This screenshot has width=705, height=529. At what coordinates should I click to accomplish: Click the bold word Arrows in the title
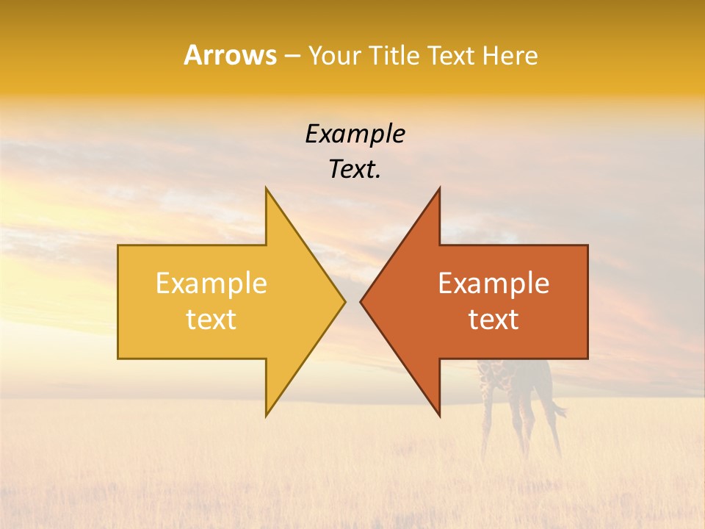[230, 55]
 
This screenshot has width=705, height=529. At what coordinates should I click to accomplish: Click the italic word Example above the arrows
[355, 134]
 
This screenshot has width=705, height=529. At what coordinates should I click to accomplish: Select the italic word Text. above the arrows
[355, 170]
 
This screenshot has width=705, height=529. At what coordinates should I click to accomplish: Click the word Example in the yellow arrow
[211, 283]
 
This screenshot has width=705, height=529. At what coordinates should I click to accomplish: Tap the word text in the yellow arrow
[211, 320]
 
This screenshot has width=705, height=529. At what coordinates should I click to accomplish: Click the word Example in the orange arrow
[493, 283]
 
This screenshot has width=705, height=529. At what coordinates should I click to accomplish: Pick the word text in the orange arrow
[493, 320]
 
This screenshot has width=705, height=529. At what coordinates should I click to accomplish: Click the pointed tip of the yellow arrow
[344, 301]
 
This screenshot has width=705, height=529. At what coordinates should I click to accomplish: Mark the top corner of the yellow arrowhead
[267, 189]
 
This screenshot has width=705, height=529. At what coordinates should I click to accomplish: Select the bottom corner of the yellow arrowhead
[267, 415]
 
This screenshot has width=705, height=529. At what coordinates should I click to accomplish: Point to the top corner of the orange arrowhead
[439, 189]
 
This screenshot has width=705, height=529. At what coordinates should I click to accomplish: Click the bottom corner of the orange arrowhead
[439, 415]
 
